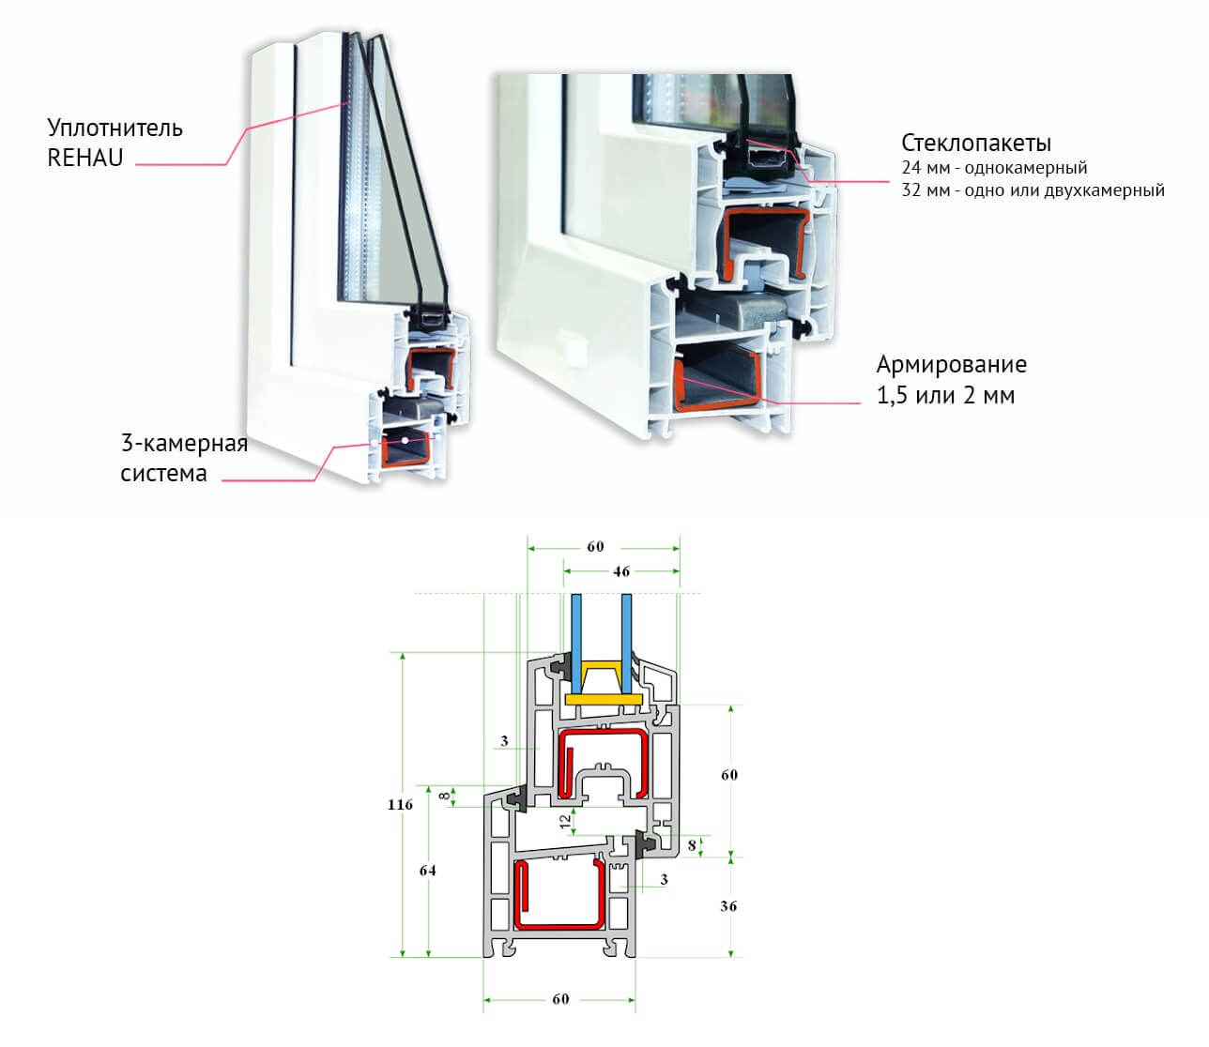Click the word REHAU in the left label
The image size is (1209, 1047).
pos(85,158)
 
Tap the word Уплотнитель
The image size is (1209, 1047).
pos(115,128)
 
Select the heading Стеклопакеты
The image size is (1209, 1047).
pos(976,144)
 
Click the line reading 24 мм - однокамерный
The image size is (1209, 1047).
pos(994,168)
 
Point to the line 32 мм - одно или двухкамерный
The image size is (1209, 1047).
pos(1033,190)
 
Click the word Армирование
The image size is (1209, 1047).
pos(951,364)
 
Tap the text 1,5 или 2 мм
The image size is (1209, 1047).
pos(945,395)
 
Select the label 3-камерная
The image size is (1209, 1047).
pos(184,443)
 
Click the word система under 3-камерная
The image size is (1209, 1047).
pos(163,473)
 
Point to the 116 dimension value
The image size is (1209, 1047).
pos(400,805)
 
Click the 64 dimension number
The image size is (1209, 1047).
pos(428,871)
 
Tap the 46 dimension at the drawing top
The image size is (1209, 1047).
pos(620,571)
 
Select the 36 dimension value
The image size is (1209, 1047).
pos(728,906)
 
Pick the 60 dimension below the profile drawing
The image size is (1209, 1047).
pos(560,999)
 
